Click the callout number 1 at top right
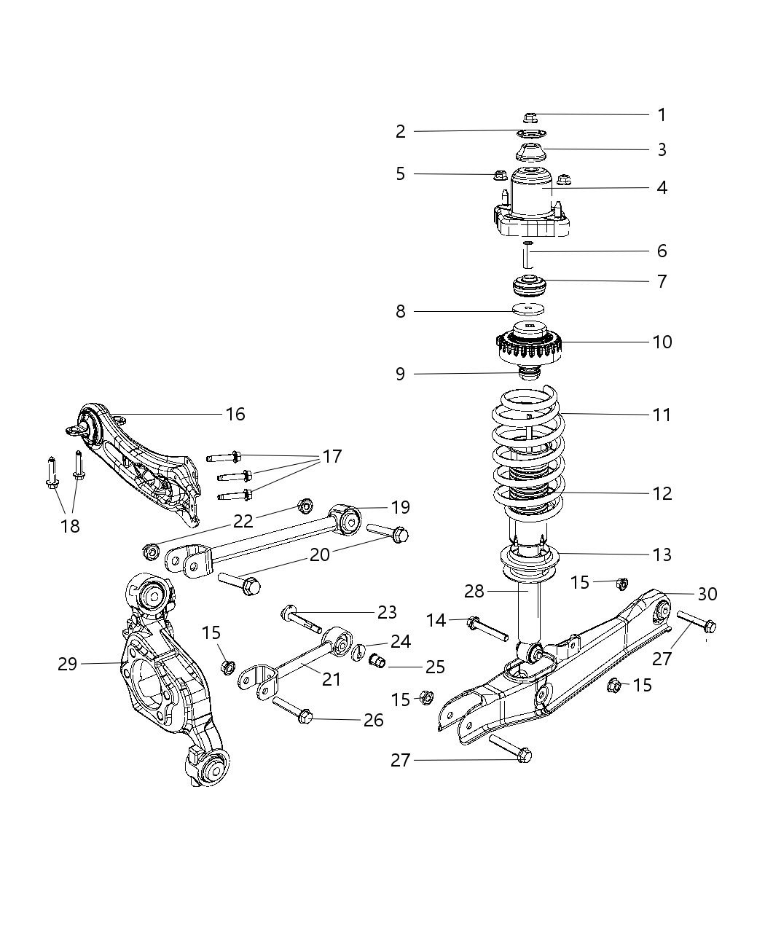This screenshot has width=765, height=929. (x=662, y=115)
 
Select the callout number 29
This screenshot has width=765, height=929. (x=67, y=664)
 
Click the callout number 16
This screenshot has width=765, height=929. (x=235, y=414)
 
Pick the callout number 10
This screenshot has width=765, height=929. (x=662, y=342)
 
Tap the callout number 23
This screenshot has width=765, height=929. (x=387, y=612)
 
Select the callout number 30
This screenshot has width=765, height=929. (x=707, y=594)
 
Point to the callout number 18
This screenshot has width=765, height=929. (x=70, y=525)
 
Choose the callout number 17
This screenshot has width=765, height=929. (x=331, y=457)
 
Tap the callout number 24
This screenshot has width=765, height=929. (x=400, y=641)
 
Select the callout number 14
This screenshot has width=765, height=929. (x=436, y=620)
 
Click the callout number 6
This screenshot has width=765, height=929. (x=662, y=251)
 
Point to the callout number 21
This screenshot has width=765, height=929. (x=331, y=679)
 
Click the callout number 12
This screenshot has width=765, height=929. (x=662, y=493)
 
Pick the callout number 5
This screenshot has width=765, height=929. (x=400, y=173)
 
